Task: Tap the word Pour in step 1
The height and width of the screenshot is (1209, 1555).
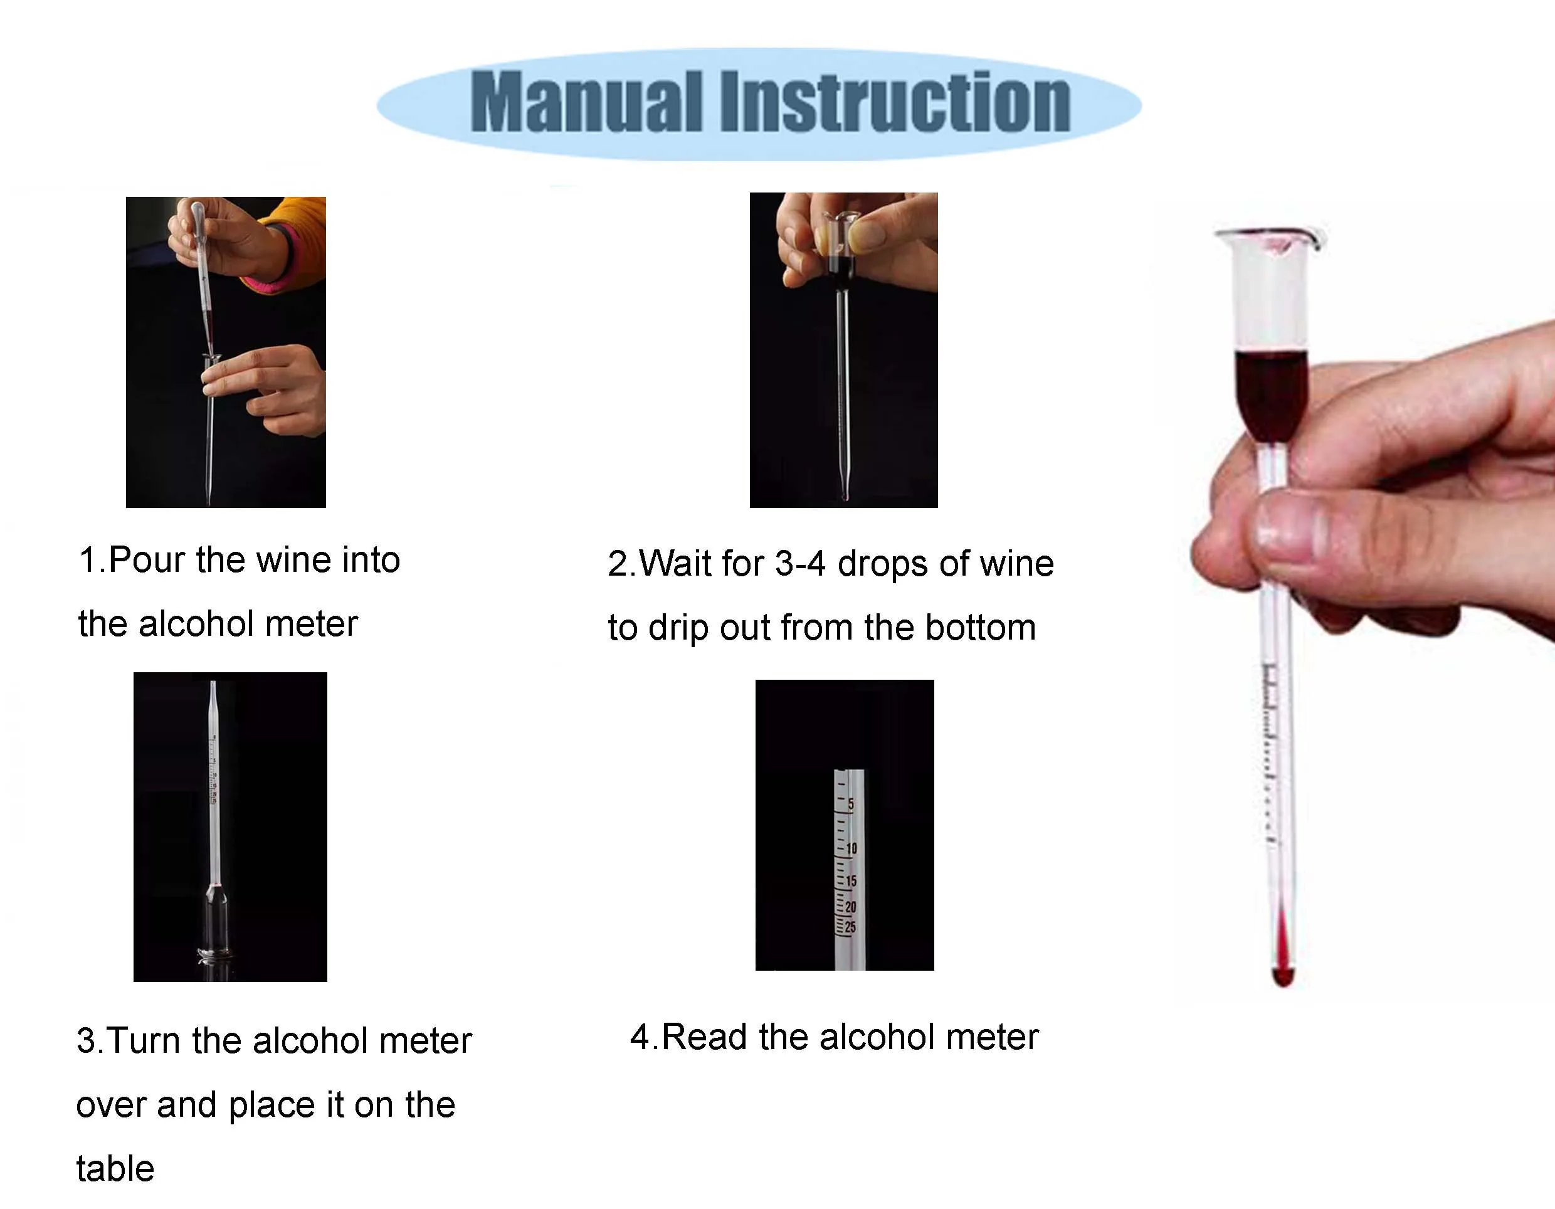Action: click(147, 559)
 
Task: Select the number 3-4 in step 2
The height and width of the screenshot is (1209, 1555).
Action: click(799, 564)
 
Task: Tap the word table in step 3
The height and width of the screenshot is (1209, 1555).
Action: click(115, 1168)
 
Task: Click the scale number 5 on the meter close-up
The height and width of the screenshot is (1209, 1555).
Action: click(850, 805)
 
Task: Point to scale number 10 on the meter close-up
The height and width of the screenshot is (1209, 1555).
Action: click(851, 848)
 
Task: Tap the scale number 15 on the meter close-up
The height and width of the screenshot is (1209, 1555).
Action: click(851, 881)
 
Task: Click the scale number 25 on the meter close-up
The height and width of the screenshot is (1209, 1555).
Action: click(850, 927)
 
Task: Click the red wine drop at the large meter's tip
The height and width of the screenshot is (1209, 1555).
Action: click(1282, 976)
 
